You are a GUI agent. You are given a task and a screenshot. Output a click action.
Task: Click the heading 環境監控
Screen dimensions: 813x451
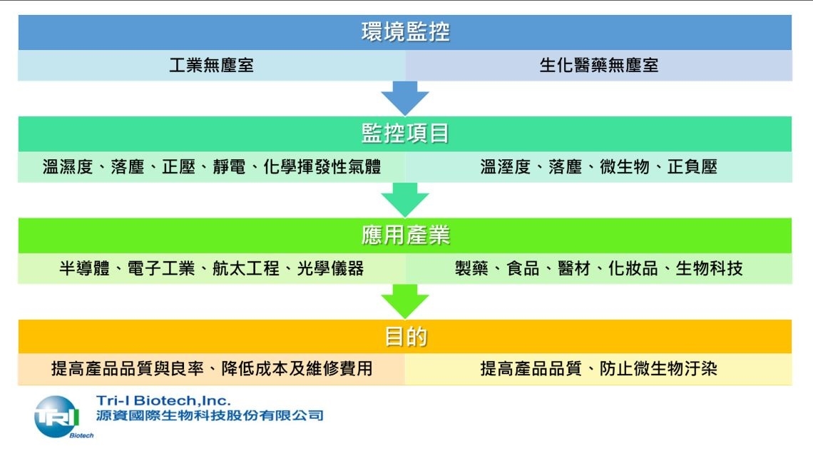point(405,31)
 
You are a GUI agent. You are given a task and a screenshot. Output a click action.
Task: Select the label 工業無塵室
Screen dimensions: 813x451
point(212,66)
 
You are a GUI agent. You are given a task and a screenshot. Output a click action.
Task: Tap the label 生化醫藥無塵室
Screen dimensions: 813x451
point(599,66)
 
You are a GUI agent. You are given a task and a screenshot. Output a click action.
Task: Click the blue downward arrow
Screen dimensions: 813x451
point(405,98)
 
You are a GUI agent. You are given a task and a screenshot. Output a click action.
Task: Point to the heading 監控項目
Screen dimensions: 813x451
point(405,133)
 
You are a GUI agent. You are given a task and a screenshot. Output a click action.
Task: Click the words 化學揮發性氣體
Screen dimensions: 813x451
point(322,166)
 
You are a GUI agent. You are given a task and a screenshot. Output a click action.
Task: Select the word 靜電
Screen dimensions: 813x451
point(229,166)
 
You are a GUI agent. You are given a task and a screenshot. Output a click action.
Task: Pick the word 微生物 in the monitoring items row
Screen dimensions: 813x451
point(625,166)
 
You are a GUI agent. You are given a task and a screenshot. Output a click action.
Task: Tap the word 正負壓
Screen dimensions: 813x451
point(692,166)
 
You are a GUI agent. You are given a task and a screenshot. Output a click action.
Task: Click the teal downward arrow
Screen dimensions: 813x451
point(405,200)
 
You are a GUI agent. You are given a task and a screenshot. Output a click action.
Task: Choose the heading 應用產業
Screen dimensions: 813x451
point(405,235)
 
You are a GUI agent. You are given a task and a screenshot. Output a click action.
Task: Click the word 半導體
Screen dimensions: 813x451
point(85,268)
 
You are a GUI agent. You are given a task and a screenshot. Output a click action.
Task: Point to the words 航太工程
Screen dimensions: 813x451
point(246,268)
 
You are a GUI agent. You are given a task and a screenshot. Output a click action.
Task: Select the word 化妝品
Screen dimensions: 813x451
point(633,268)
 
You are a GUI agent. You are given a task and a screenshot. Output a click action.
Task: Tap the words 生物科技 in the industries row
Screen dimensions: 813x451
point(710,268)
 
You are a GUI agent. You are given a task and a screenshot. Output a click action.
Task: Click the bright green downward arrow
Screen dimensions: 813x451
point(405,302)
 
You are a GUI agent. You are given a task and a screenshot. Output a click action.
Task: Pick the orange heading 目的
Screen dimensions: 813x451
point(405,337)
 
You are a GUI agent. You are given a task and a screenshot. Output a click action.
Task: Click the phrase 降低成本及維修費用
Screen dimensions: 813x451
point(297,368)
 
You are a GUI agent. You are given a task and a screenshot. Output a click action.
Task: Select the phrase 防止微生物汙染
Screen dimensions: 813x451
point(658,368)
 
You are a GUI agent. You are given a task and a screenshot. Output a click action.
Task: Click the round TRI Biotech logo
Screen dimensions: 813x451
point(56,417)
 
